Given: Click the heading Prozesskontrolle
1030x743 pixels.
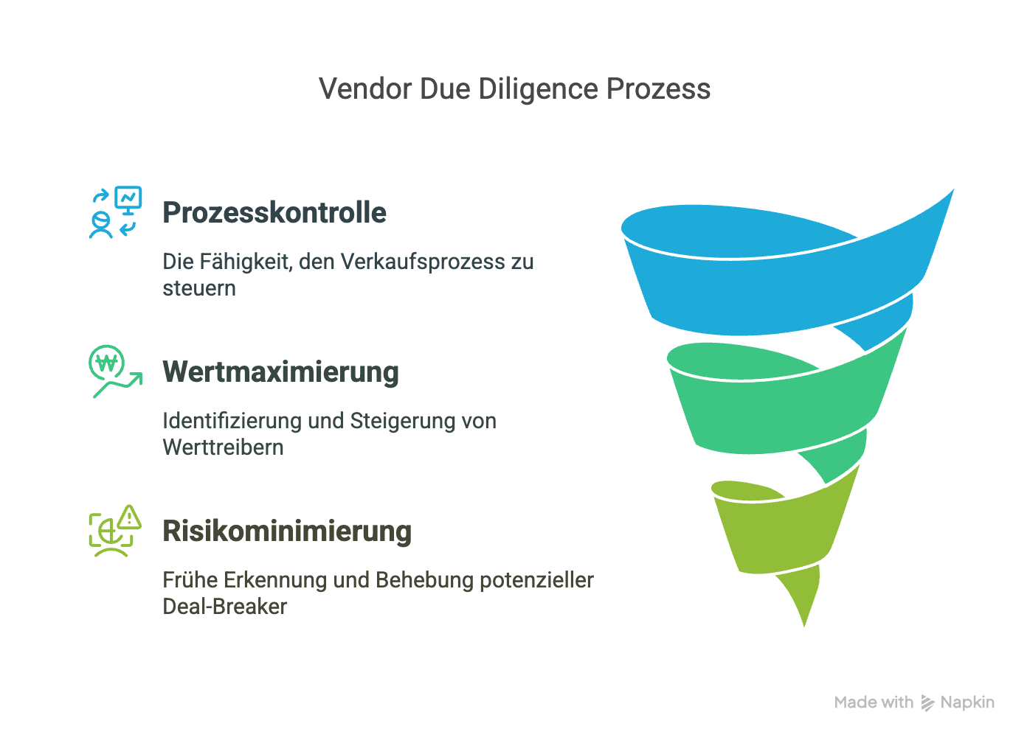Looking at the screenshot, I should click(274, 213).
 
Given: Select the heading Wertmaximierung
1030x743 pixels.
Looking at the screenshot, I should click(280, 372).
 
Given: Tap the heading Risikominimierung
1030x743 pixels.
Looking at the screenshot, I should click(287, 531).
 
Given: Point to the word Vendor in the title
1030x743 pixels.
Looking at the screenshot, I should click(365, 89).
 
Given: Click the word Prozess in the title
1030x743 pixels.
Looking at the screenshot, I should click(658, 89).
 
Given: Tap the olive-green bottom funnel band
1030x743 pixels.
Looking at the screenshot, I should click(775, 531).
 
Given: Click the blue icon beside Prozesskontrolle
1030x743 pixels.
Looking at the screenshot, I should click(115, 212).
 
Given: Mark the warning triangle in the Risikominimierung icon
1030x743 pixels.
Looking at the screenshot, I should click(130, 517).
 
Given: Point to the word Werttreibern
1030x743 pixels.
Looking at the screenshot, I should click(223, 447).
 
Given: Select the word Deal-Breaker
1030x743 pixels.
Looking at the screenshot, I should click(224, 607).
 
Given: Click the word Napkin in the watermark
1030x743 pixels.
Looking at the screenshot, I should click(967, 702).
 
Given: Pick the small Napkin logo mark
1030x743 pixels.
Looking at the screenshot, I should click(927, 703).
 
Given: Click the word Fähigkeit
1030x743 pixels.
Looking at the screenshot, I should click(246, 262).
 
